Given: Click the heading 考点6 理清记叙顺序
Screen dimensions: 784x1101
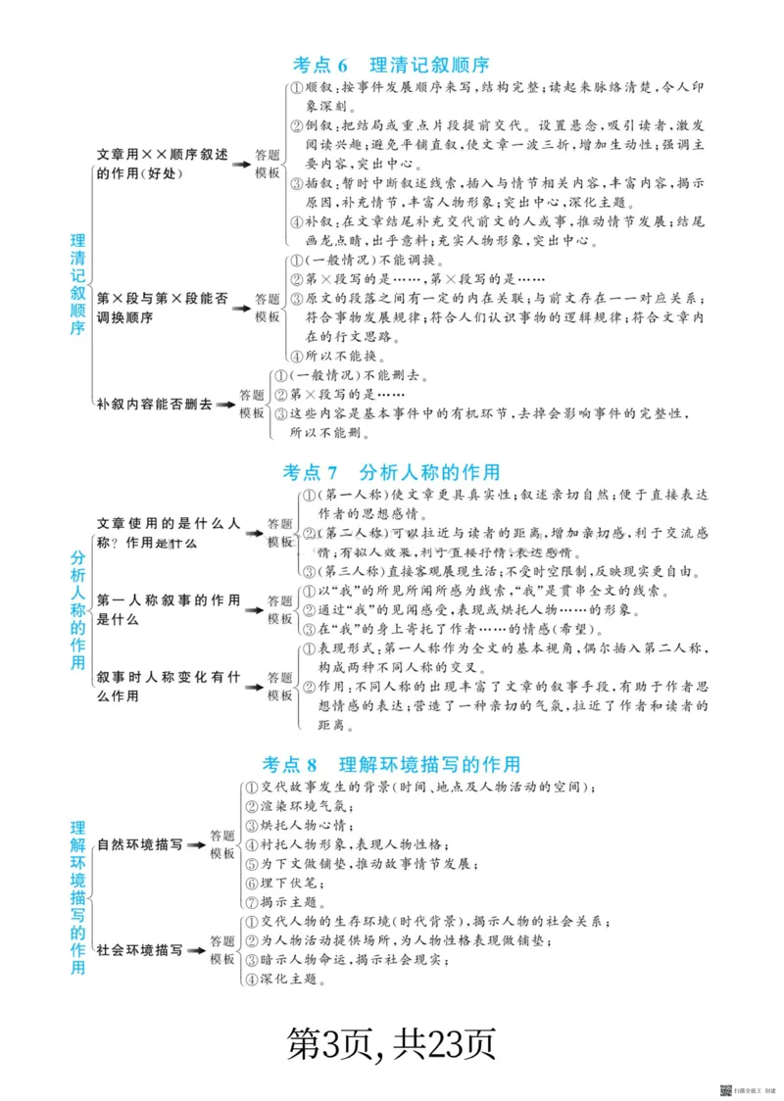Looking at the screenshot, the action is [x=391, y=65].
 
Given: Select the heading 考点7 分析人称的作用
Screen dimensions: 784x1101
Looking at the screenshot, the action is [x=391, y=472].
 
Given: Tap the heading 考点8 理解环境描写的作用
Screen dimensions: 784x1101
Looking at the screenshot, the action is [x=391, y=764].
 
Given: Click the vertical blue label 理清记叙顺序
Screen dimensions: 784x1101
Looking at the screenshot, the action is [x=78, y=284].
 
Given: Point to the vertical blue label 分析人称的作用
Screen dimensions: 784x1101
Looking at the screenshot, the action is [x=78, y=608].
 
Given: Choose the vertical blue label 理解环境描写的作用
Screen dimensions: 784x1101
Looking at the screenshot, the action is [x=78, y=897].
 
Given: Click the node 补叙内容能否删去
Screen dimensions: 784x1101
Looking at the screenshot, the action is [x=155, y=404].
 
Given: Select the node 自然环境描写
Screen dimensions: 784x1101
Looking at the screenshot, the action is [x=139, y=843].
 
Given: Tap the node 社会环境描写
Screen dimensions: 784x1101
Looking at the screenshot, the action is [x=139, y=949].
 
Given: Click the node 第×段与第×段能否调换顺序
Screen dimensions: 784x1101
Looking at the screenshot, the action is [x=163, y=308].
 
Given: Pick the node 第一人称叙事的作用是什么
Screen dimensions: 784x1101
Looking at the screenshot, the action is [x=169, y=609].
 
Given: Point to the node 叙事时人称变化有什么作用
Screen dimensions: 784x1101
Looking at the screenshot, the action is [x=169, y=686].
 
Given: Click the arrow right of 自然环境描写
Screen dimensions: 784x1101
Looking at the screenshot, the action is [x=197, y=844].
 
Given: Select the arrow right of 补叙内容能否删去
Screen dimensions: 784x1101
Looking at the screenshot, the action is [x=226, y=404].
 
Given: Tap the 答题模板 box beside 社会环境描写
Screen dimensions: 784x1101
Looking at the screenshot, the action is [x=223, y=949].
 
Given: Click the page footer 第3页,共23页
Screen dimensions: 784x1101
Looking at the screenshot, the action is [x=391, y=1043].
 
